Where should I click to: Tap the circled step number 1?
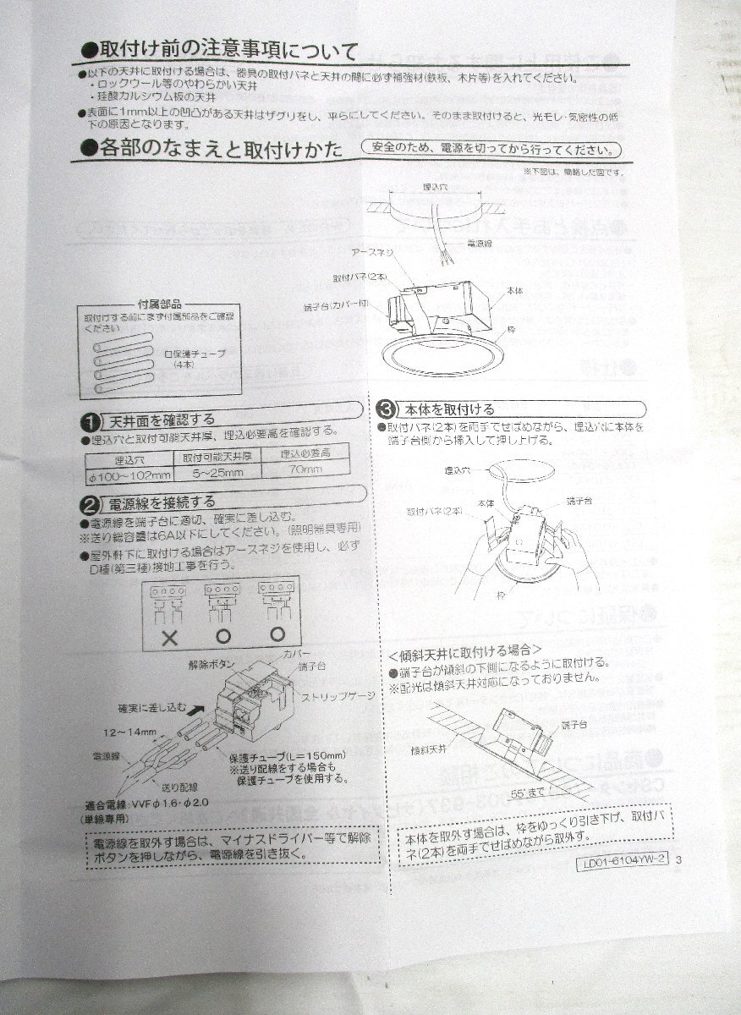pyautogui.click(x=90, y=420)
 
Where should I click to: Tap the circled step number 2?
pyautogui.click(x=89, y=505)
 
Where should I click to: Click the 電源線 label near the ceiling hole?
pyautogui.click(x=480, y=243)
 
